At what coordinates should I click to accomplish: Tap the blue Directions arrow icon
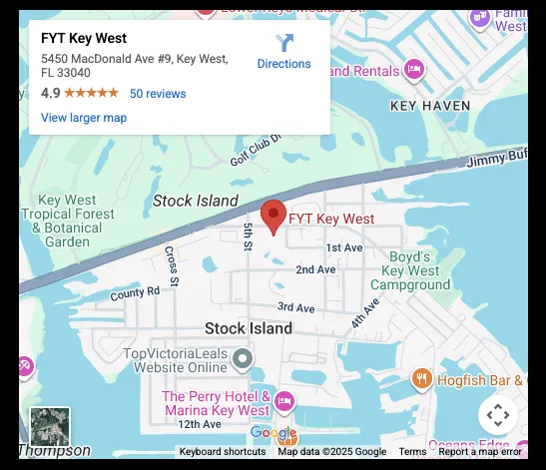(x=283, y=43)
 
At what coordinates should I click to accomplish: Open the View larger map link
(x=84, y=118)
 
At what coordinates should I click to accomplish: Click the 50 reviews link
(x=158, y=94)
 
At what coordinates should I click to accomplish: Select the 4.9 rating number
(x=50, y=94)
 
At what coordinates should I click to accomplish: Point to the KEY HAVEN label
(x=429, y=105)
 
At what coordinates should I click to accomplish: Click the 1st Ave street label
(x=344, y=247)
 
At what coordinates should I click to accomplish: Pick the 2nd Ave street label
(x=315, y=269)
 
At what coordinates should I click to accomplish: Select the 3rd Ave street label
(x=296, y=307)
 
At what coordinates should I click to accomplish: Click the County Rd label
(x=135, y=293)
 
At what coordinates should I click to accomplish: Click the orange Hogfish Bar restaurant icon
(x=421, y=379)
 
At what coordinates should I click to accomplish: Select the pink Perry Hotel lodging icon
(x=284, y=401)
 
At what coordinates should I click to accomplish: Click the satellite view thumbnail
(x=50, y=426)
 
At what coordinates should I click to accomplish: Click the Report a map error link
(x=480, y=452)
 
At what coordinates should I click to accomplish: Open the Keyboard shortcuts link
(x=223, y=452)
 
